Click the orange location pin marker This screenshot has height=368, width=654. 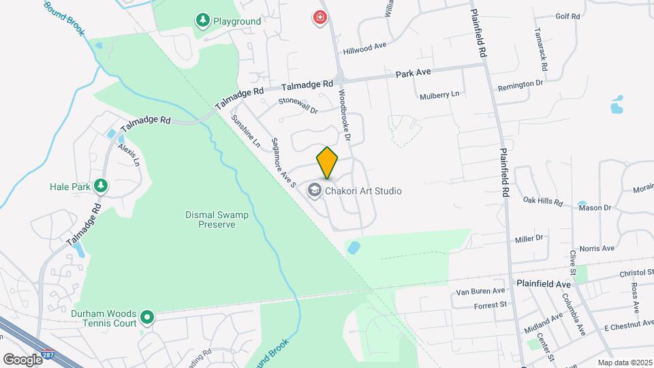(x=327, y=163)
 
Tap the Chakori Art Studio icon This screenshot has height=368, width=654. (x=315, y=190)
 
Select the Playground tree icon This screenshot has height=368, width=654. (x=202, y=20)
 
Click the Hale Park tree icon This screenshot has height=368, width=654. (x=102, y=185)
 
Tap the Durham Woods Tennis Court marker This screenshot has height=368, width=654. (x=146, y=317)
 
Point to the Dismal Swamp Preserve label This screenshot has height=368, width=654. (x=217, y=219)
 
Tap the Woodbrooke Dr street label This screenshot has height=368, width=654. (x=343, y=116)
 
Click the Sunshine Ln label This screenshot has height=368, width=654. (x=246, y=131)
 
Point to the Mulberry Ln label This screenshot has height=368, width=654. (x=439, y=94)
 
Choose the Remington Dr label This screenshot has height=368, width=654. (x=520, y=83)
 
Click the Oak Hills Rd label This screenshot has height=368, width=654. (x=543, y=202)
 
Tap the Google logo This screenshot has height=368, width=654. (x=22, y=359)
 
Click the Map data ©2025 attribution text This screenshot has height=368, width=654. (x=624, y=363)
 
